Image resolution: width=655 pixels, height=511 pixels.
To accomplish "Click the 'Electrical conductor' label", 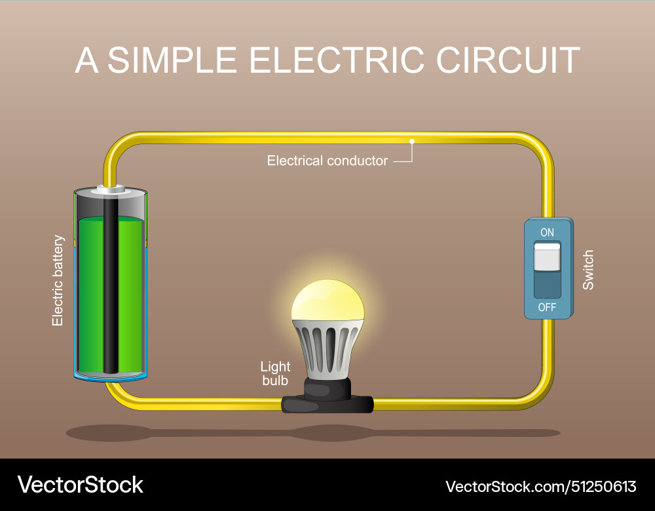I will (327, 161).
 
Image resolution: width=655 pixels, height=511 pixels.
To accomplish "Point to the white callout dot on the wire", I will (412, 141).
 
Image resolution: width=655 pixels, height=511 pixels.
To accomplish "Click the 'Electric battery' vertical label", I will (58, 280).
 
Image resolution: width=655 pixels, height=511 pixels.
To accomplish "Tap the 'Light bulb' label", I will (275, 373).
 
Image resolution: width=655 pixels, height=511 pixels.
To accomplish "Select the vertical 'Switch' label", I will (588, 270).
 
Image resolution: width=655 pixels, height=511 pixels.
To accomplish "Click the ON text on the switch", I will (547, 233).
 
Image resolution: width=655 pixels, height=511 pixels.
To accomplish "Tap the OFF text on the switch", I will (547, 307).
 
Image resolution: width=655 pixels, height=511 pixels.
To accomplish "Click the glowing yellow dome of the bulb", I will (327, 299).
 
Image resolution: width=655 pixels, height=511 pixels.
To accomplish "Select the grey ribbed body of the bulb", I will (327, 347).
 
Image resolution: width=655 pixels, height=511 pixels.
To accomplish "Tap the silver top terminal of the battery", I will (110, 190).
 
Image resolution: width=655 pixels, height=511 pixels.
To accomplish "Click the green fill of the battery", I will (131, 295).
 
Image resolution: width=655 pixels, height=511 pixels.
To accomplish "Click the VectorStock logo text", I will (80, 485).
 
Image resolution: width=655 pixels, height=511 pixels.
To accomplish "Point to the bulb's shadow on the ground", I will (327, 432).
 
